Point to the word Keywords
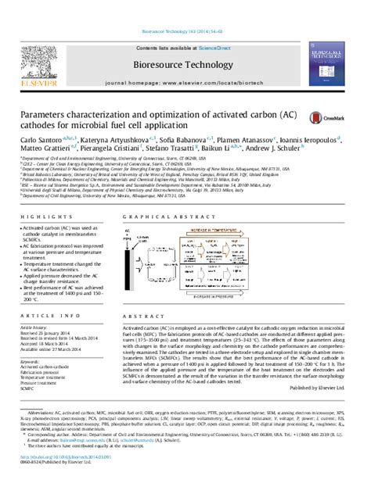coord(30,362)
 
